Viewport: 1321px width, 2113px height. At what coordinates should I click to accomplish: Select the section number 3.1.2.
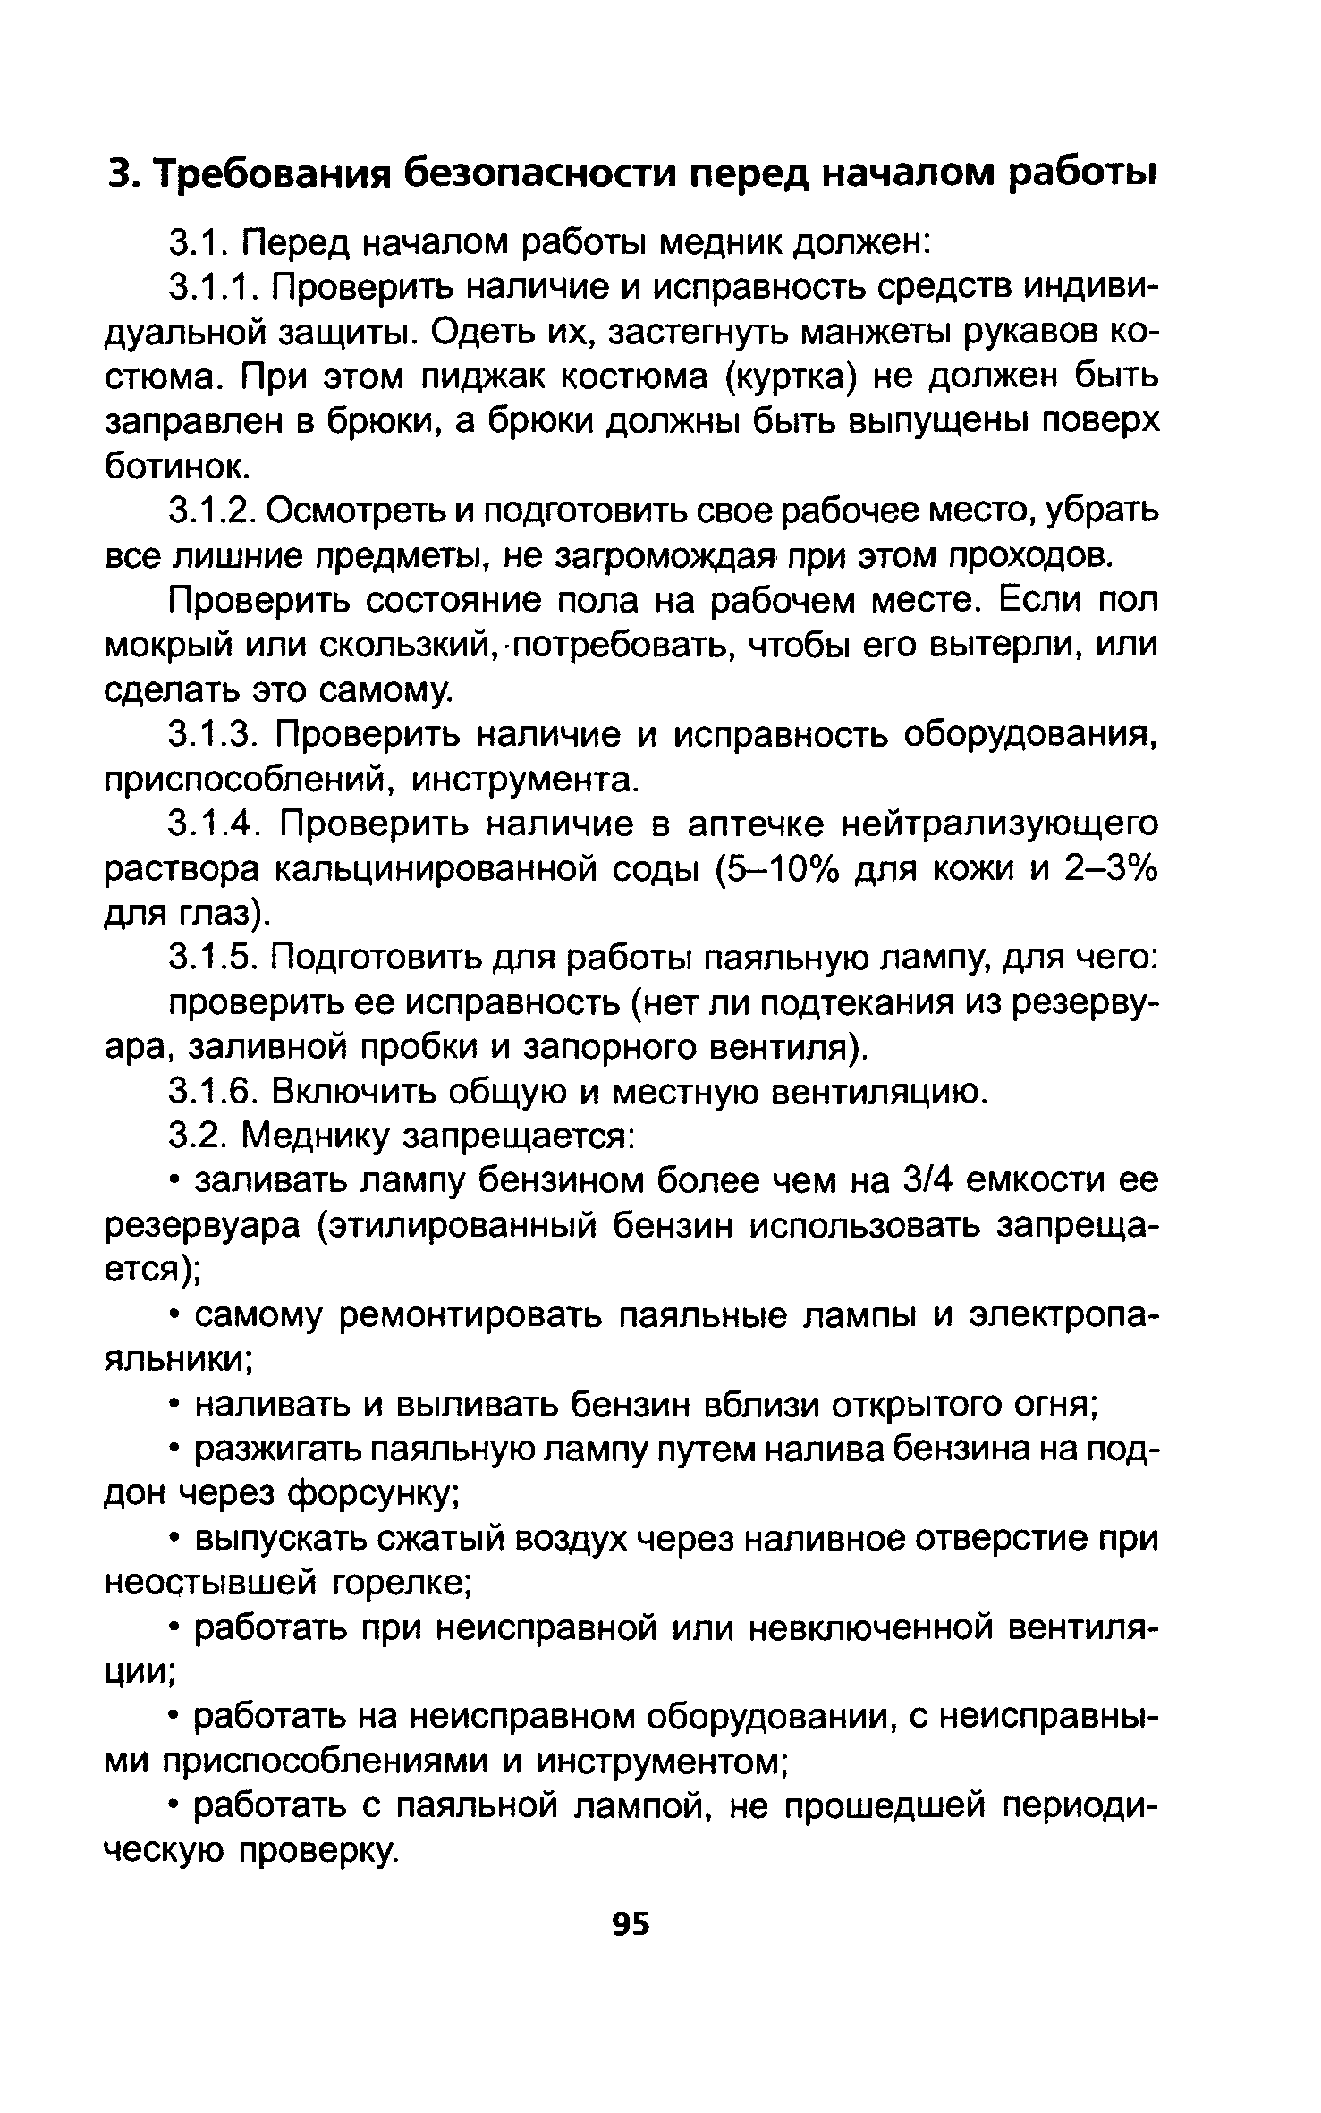[x=213, y=511]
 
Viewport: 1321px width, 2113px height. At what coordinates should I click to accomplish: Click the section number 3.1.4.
[x=213, y=824]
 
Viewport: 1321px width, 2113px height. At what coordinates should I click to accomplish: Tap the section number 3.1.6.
[x=213, y=1092]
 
